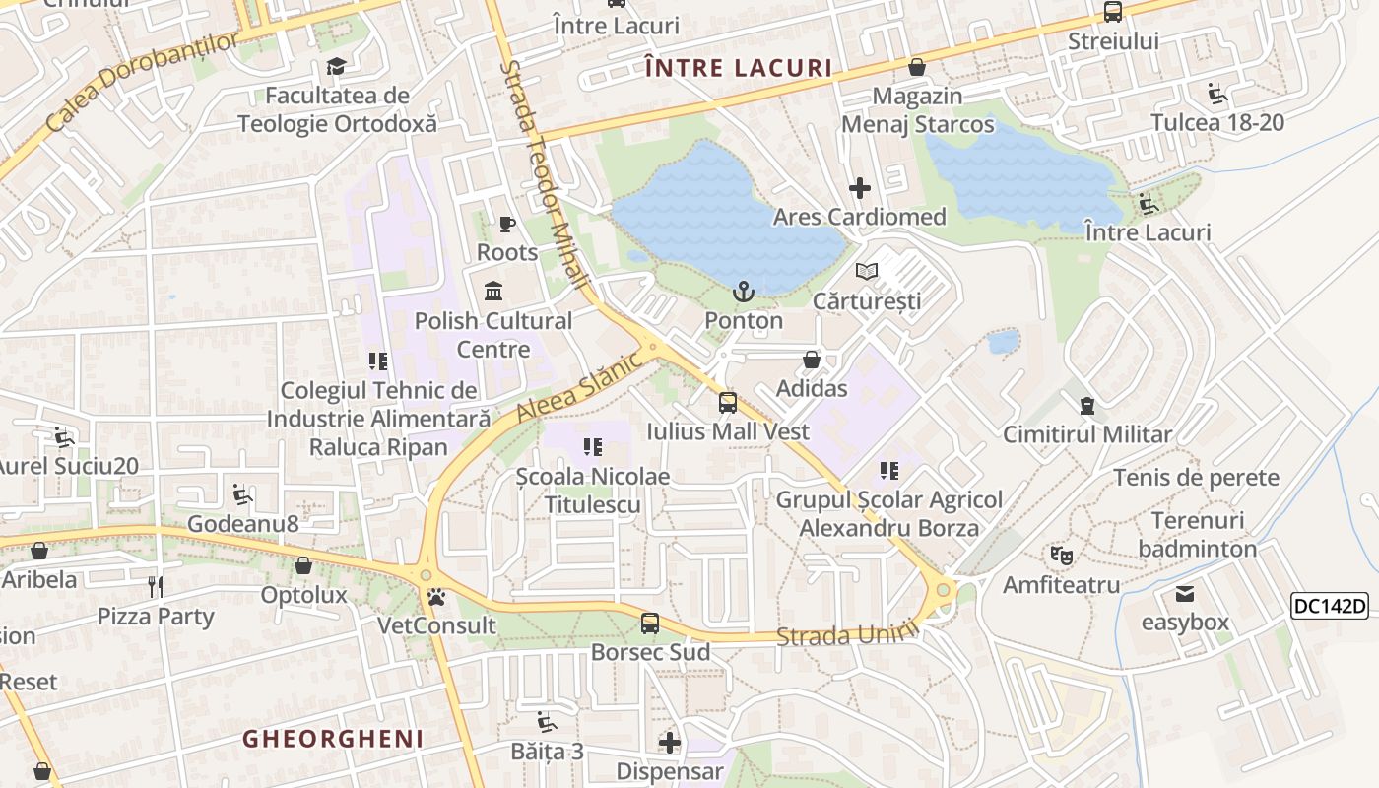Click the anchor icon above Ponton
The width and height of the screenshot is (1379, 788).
(744, 292)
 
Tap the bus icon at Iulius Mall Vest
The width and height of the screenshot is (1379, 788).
(728, 402)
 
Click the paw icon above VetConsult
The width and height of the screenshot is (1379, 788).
(435, 596)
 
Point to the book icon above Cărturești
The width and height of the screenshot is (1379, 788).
(867, 271)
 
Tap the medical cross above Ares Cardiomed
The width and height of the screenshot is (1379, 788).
(860, 187)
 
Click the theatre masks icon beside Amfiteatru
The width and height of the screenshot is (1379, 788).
(1061, 556)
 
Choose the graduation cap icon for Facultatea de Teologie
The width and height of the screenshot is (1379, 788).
(337, 67)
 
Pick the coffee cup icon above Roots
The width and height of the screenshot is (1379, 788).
(507, 224)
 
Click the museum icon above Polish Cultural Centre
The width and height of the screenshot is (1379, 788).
(493, 292)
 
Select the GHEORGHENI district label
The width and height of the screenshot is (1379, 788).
(333, 739)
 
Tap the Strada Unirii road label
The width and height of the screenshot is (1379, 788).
(840, 635)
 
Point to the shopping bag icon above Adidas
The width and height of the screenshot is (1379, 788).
(812, 360)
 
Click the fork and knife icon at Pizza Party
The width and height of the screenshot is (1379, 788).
(156, 587)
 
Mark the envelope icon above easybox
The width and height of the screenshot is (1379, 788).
(1185, 594)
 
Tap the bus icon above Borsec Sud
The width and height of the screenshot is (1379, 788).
(650, 623)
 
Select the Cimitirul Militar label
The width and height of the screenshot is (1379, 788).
(1087, 434)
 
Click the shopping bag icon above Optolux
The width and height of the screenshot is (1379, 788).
(303, 565)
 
